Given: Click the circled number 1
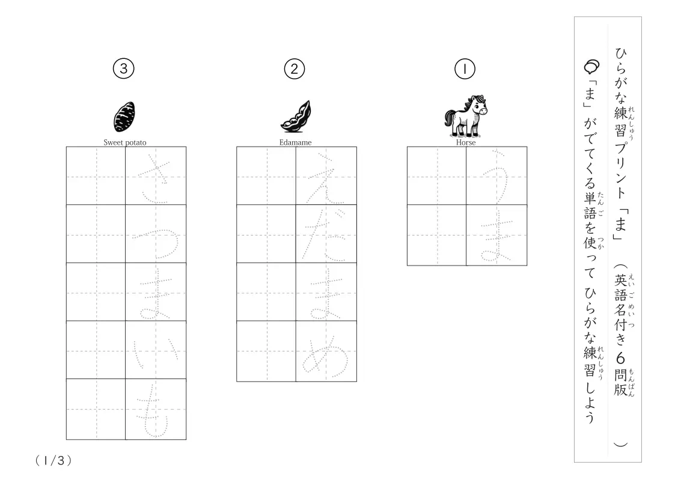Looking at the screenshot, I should tap(464, 69).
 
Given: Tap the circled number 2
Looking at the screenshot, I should tap(294, 69).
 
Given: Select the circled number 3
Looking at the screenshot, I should tap(123, 69).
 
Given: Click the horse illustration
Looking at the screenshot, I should tap(465, 116).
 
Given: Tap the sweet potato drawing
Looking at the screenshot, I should tap(124, 117).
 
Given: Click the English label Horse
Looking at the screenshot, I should tap(466, 142).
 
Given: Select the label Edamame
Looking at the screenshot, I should tap(295, 142).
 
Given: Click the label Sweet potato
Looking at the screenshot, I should tap(125, 142).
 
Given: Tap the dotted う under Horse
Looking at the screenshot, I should tap(496, 175).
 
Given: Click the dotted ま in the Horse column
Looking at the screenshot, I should tap(496, 235).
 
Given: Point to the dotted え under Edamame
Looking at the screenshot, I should tap(326, 175).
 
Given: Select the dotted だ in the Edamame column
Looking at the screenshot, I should tap(325, 234).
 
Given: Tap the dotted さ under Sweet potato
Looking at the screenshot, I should tap(155, 175).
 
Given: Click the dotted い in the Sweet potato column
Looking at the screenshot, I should tap(155, 351).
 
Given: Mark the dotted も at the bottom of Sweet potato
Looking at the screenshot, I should tap(155, 410).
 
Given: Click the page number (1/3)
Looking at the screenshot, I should tap(53, 460).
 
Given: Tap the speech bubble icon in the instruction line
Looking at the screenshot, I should tap(591, 67).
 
